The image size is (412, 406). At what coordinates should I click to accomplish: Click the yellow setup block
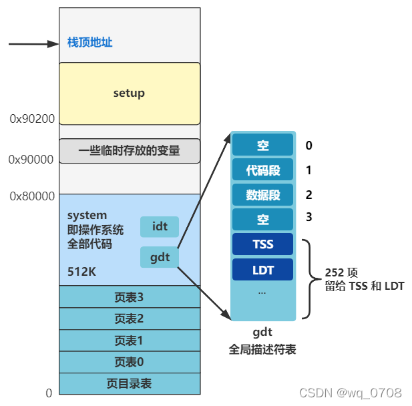(x=129, y=93)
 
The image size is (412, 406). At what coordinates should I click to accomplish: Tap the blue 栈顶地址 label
(x=89, y=43)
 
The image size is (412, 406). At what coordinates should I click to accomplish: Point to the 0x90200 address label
(x=32, y=119)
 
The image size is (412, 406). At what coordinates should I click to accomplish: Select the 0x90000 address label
(x=31, y=160)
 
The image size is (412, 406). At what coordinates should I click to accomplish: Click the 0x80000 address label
(x=31, y=196)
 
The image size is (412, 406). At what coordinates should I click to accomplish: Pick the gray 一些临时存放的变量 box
(x=129, y=151)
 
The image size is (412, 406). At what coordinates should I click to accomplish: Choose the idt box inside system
(x=160, y=227)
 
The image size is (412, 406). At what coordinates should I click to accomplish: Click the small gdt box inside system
(x=160, y=257)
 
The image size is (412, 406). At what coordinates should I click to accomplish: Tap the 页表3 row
(x=129, y=296)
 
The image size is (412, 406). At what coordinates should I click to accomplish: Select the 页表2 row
(x=129, y=319)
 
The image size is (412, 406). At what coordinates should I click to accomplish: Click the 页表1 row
(x=129, y=341)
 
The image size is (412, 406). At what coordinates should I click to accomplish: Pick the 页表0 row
(x=129, y=362)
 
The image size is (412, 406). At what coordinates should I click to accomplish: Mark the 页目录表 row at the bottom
(x=129, y=383)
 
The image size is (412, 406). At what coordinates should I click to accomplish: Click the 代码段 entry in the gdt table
(x=262, y=170)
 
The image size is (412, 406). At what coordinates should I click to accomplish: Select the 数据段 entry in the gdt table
(x=262, y=195)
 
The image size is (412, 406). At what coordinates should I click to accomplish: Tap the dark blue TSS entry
(x=262, y=244)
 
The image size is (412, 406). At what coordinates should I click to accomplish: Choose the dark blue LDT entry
(x=262, y=269)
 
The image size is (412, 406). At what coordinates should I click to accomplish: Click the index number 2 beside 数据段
(x=308, y=195)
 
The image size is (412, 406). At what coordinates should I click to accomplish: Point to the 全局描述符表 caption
(x=262, y=349)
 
